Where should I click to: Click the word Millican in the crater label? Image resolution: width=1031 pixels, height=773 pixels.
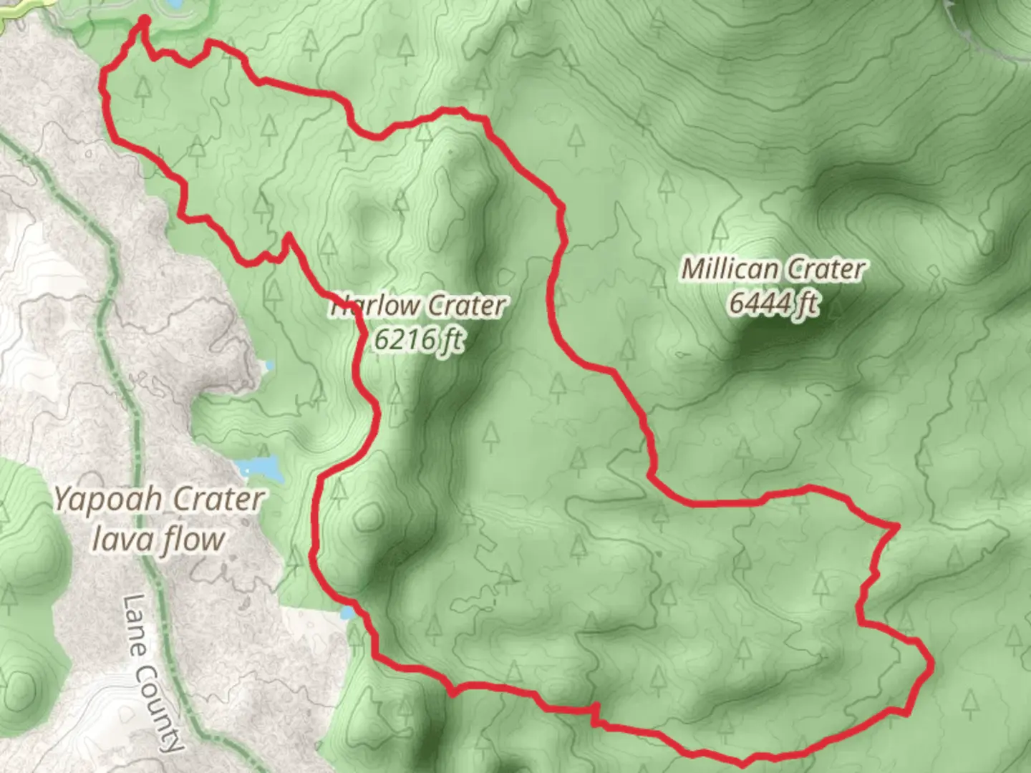tap(730, 270)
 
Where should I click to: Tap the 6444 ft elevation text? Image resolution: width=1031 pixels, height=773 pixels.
tap(773, 303)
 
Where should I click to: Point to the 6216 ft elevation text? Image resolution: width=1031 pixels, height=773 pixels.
tap(419, 338)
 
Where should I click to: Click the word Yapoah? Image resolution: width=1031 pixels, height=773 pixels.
tap(107, 500)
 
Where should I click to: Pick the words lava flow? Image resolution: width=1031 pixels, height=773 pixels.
tap(158, 538)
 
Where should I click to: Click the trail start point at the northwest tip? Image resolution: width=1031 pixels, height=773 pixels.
tap(144, 19)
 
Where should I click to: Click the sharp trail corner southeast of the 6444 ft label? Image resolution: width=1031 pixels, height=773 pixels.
tap(896, 527)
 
